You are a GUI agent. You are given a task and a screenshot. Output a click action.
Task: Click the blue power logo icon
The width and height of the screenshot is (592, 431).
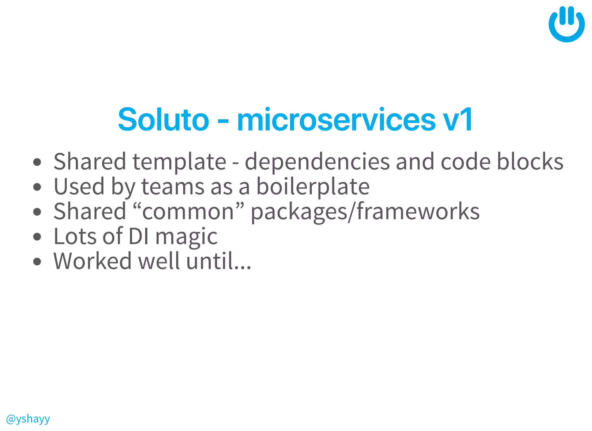point(566,25)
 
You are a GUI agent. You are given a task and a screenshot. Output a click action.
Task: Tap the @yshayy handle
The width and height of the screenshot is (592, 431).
point(28,419)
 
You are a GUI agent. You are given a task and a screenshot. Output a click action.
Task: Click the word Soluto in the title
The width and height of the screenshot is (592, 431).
point(163,119)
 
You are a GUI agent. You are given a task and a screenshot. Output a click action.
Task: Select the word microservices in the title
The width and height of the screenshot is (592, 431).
point(336,119)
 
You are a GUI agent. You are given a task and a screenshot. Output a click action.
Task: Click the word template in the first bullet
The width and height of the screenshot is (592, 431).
point(179,162)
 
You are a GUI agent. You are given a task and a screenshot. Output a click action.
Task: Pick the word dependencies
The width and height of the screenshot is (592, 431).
point(317,162)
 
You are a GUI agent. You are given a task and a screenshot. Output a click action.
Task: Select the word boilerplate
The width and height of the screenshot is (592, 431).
point(313,187)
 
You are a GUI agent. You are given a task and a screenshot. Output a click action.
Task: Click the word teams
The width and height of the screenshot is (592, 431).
point(173,187)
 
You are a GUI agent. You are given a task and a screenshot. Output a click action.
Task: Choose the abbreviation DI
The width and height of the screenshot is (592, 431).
point(139,236)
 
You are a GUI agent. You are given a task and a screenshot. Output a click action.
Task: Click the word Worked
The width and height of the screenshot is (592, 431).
point(92,261)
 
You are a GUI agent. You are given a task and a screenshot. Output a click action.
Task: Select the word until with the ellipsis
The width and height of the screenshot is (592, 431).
point(219,261)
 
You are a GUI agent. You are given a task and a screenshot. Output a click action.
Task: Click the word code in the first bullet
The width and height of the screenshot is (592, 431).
point(465,161)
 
